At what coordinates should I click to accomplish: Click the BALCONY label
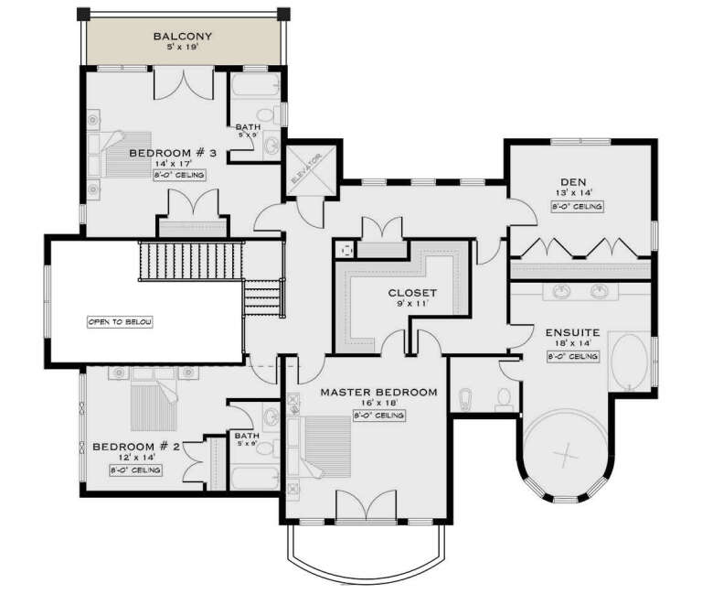click(182, 37)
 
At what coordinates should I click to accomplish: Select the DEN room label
click(576, 180)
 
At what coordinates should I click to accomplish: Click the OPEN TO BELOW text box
click(120, 322)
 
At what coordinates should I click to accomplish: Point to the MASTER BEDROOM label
click(378, 392)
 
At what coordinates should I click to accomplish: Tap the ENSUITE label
click(572, 332)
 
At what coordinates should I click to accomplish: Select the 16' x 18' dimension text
click(378, 404)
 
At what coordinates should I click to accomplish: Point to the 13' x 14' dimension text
click(576, 192)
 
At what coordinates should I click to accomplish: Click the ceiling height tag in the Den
click(577, 207)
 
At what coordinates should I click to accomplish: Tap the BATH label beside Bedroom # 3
click(248, 127)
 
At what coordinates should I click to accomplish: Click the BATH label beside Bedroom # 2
click(245, 436)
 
